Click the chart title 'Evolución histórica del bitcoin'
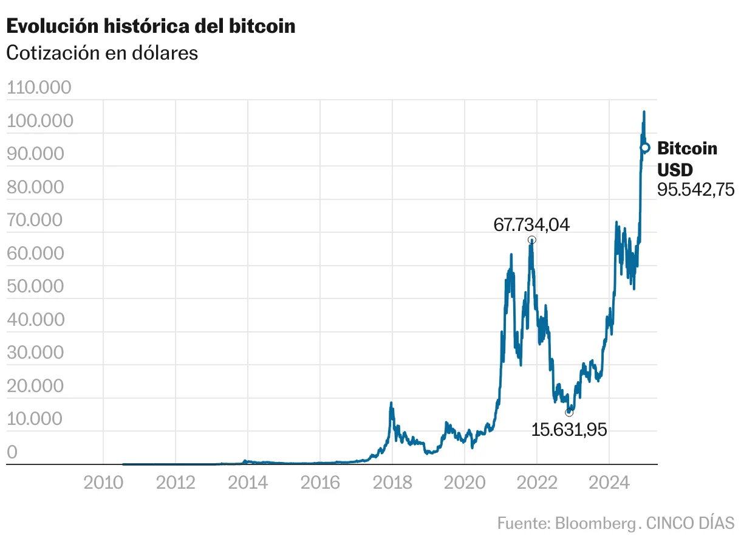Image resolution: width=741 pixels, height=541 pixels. click(x=151, y=26)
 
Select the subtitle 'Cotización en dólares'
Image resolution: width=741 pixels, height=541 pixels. click(x=102, y=53)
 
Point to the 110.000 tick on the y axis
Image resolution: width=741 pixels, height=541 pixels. click(x=39, y=88)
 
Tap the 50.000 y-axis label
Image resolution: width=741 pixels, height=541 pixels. click(x=35, y=286)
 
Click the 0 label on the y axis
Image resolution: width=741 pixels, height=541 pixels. click(x=12, y=452)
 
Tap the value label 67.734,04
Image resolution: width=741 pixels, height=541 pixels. click(x=531, y=225)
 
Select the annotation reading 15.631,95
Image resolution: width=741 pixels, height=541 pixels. click(x=569, y=430)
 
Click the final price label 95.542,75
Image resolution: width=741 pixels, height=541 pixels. click(x=696, y=190)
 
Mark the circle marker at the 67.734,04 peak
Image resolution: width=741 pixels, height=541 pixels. click(x=532, y=239)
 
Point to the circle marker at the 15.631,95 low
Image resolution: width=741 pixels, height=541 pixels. click(x=569, y=412)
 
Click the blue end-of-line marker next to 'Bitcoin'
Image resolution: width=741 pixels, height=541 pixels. click(x=645, y=148)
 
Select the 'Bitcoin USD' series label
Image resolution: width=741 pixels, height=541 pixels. click(x=687, y=159)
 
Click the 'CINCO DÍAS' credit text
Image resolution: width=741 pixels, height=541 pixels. click(x=690, y=523)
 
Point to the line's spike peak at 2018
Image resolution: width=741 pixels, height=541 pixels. click(x=391, y=402)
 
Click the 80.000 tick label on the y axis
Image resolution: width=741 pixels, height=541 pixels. click(x=35, y=187)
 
